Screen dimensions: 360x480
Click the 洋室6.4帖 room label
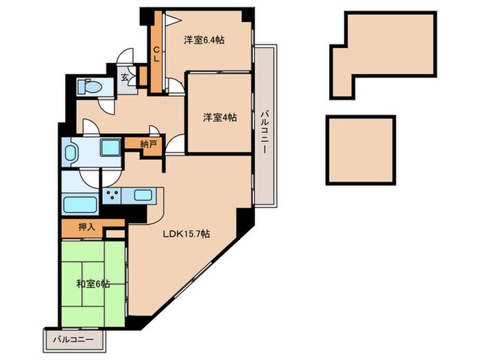pos(204,40)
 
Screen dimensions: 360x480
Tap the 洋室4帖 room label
pos(219,117)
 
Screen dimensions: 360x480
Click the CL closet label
pos(156,53)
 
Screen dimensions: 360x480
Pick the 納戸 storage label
pos(148,144)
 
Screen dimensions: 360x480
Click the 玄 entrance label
pos(125,77)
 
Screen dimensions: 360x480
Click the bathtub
pos(80,204)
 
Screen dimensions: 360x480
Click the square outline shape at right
pos(361,149)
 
